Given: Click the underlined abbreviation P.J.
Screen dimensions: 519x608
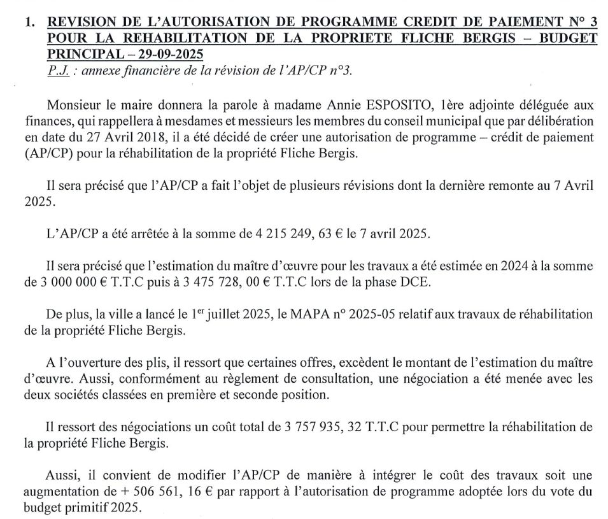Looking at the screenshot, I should [x=58, y=71].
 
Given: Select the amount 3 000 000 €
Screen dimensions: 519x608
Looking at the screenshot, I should [x=71, y=283].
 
